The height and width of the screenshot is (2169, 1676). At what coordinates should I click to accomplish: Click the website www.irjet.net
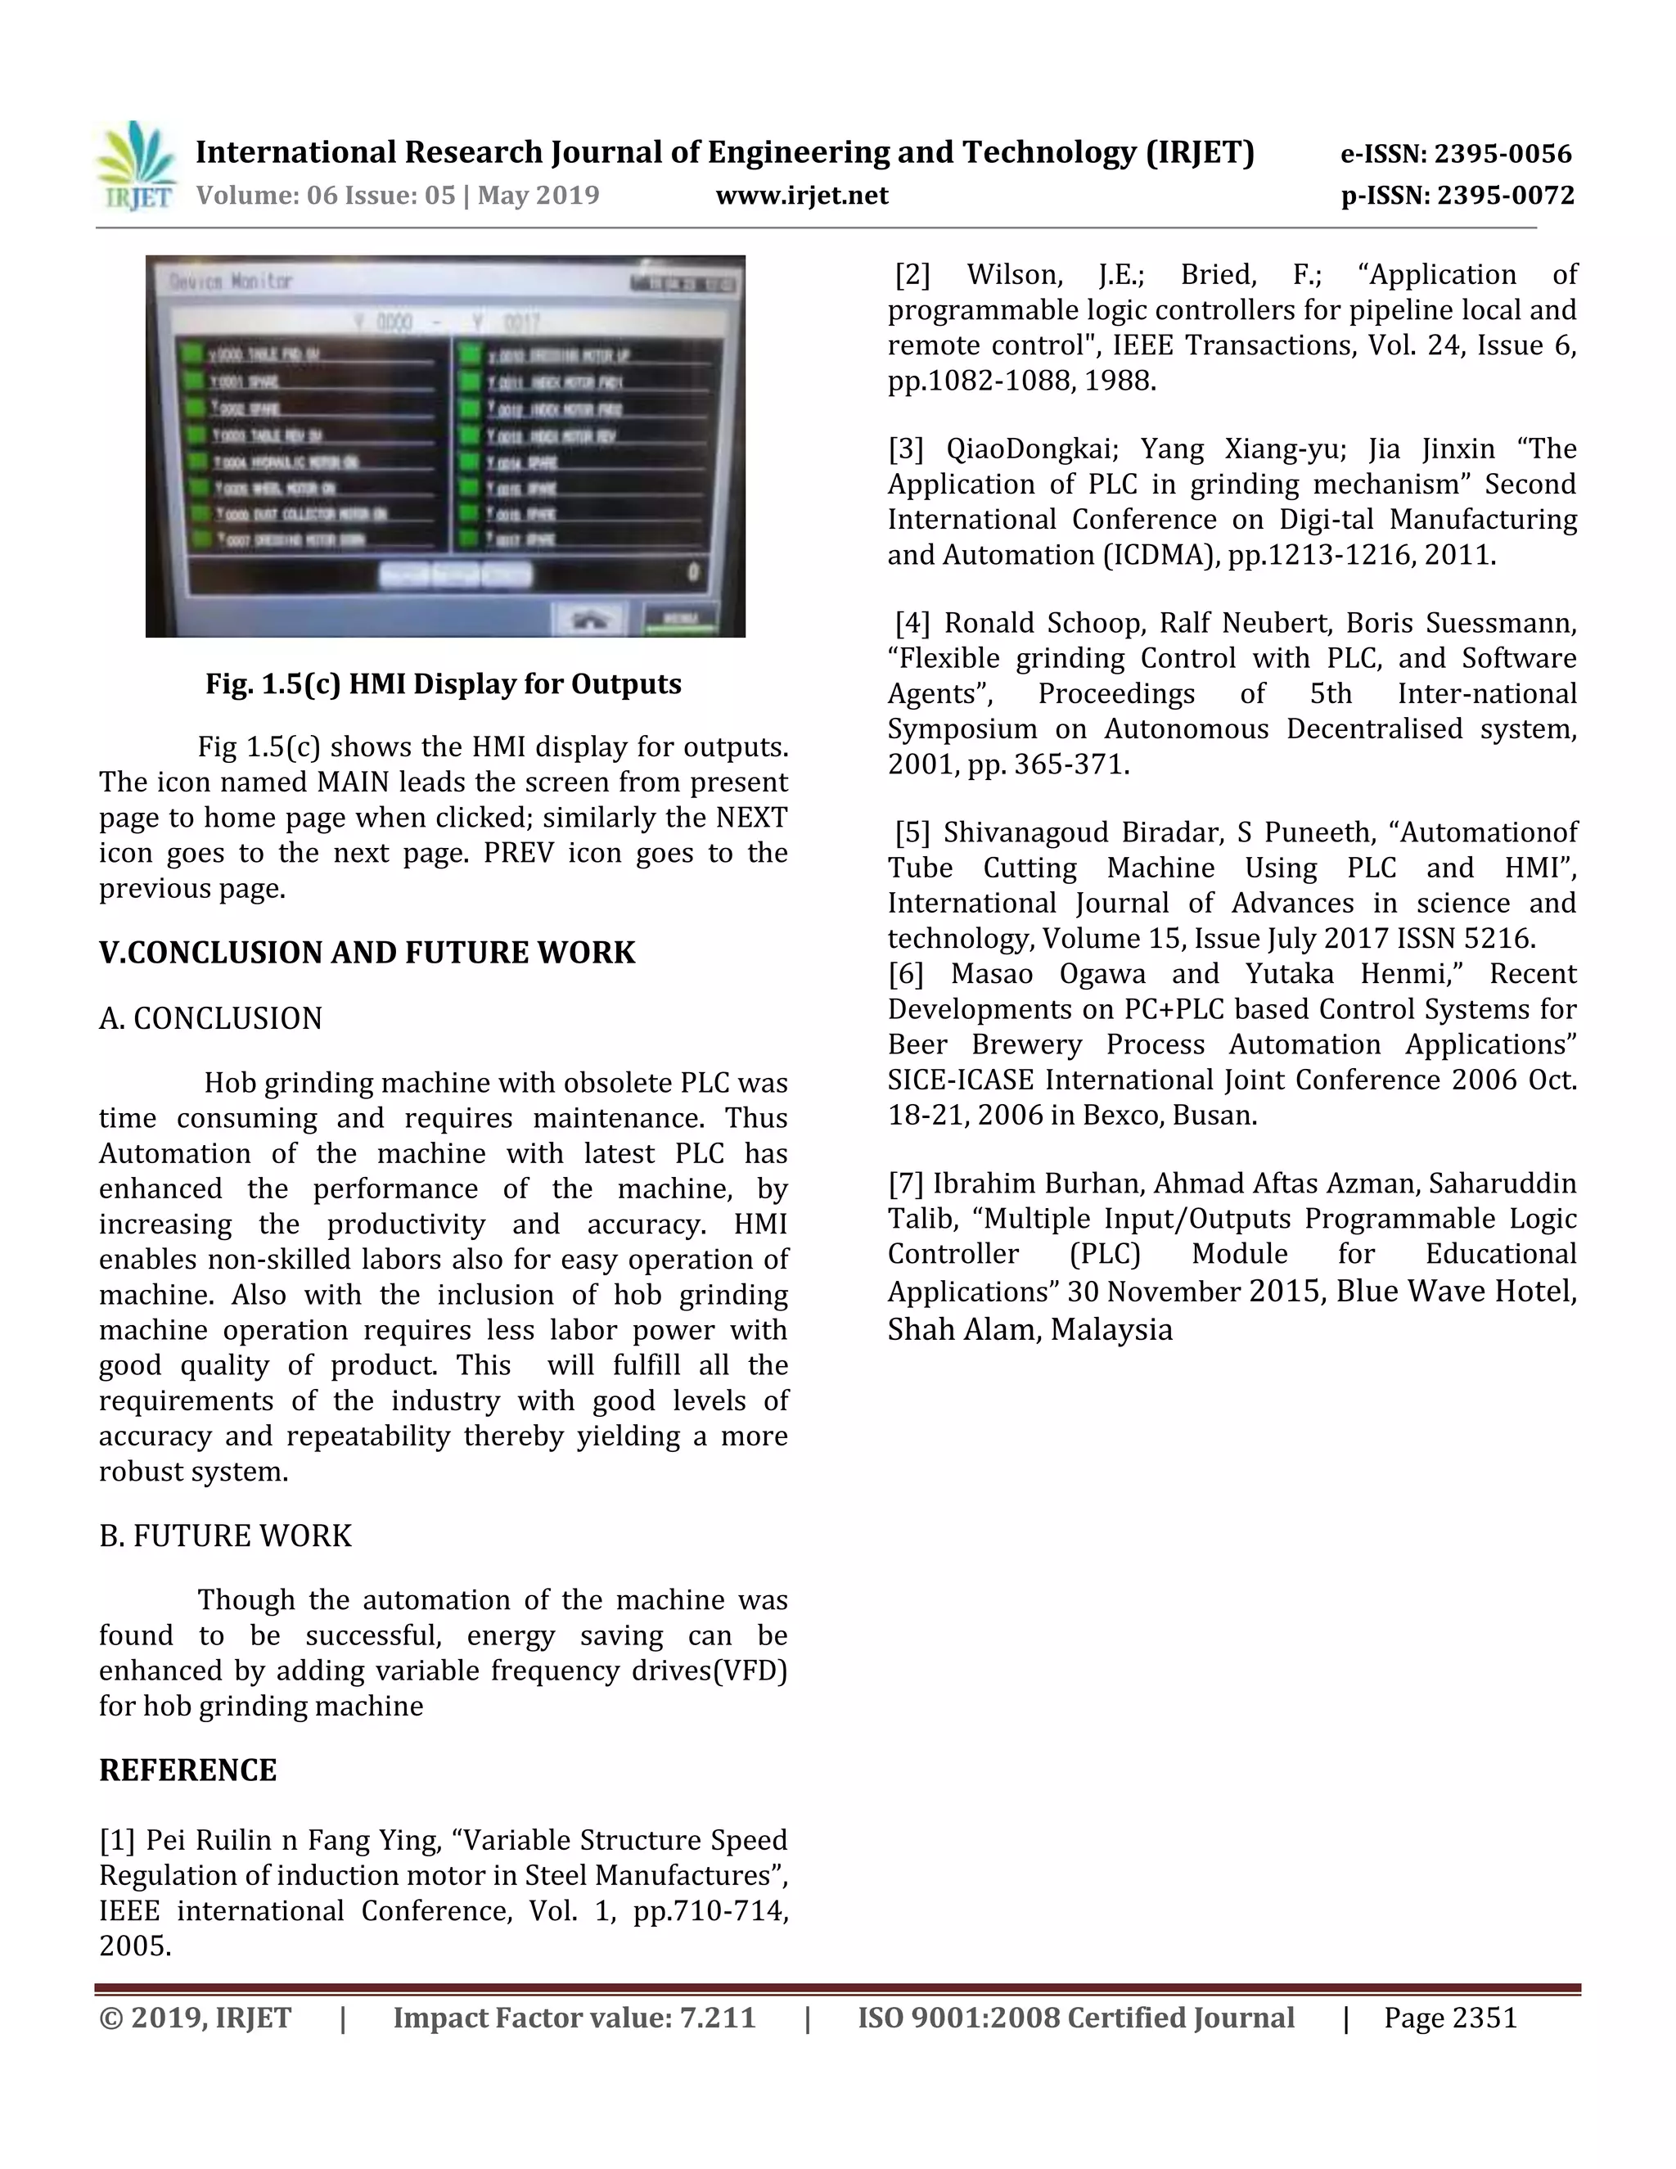click(801, 196)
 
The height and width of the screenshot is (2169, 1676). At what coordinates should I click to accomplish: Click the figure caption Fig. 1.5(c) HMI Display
click(443, 684)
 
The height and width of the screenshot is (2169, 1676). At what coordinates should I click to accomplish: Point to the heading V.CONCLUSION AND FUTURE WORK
click(367, 953)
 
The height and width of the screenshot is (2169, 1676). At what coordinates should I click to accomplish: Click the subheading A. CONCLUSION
click(210, 1019)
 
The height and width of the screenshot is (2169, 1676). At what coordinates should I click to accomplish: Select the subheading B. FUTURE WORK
click(225, 1536)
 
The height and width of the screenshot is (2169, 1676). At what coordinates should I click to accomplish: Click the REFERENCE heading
click(187, 1770)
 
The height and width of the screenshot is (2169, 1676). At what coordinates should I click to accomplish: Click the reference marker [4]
click(912, 624)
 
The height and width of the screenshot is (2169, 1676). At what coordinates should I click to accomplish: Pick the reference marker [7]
click(906, 1184)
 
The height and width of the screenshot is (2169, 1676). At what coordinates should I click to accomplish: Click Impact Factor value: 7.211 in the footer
click(574, 2019)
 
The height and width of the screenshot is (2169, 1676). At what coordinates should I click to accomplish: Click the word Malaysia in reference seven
click(1111, 1330)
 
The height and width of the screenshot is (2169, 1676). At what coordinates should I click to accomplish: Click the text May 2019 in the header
click(538, 196)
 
